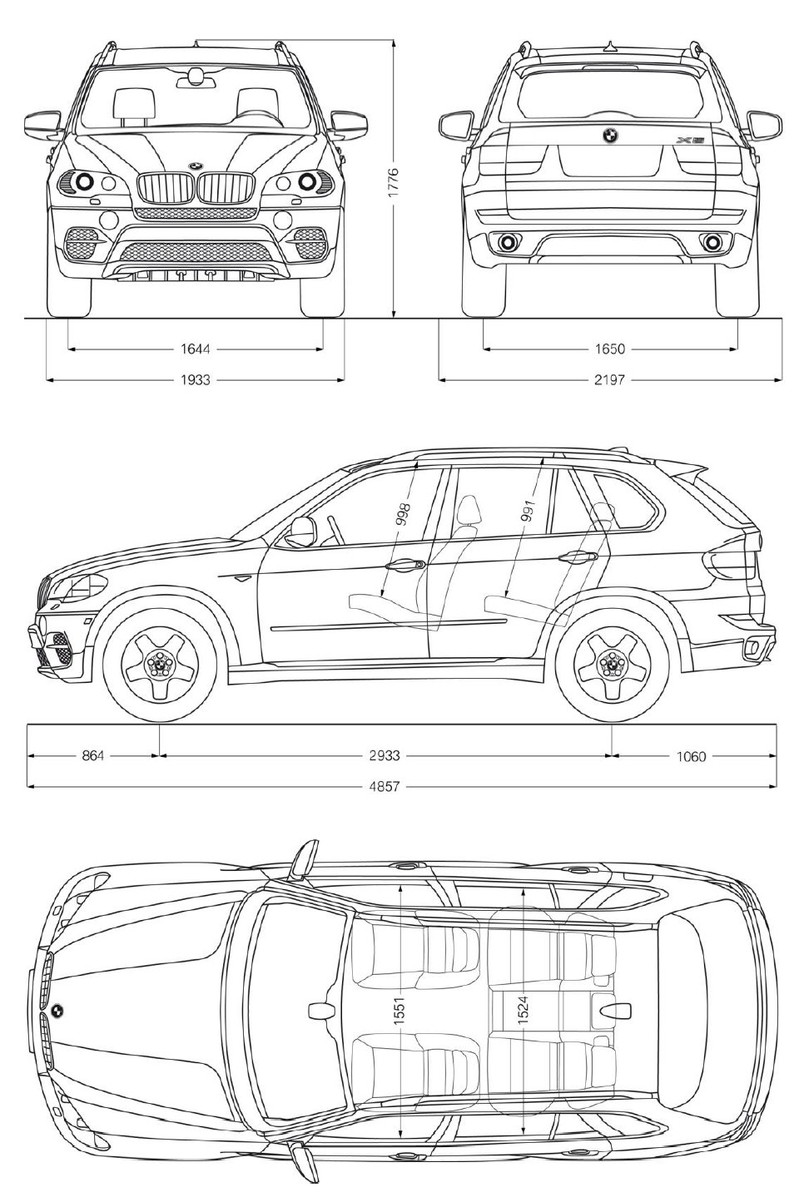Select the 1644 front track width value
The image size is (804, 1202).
click(195, 349)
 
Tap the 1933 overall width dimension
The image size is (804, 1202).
click(195, 380)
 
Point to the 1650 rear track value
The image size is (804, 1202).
click(610, 349)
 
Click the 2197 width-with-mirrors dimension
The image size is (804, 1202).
click(610, 380)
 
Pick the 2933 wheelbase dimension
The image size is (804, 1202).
click(385, 756)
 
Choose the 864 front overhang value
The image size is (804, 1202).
click(93, 756)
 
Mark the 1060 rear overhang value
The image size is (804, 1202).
click(691, 756)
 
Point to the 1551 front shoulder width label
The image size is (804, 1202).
click(400, 1011)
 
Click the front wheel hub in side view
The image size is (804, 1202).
click(156, 663)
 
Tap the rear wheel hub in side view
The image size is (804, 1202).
click(612, 663)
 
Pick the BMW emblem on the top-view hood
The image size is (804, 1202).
click(57, 1011)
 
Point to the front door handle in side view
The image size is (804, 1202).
click(403, 565)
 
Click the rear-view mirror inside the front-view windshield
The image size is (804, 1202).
click(196, 78)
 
